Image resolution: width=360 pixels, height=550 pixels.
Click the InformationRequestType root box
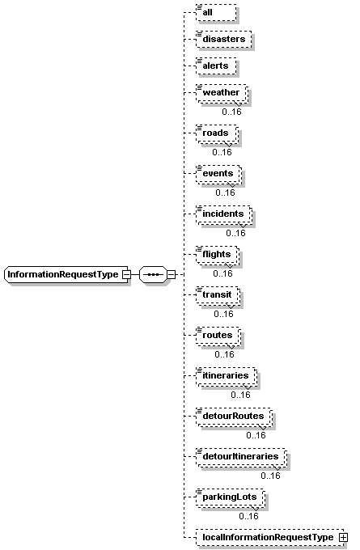pyautogui.click(x=66, y=274)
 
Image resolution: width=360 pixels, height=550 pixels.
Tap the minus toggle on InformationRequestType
pyautogui.click(x=126, y=274)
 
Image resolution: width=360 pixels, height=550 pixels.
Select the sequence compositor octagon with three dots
pyautogui.click(x=153, y=274)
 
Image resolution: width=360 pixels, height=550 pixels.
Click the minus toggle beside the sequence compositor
pyautogui.click(x=171, y=274)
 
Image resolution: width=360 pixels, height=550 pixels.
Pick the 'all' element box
pyautogui.click(x=216, y=13)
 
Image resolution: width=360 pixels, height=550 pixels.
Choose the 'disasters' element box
pyautogui.click(x=224, y=40)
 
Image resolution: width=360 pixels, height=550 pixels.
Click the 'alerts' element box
pyautogui.click(x=216, y=66)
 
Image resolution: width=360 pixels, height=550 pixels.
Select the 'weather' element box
pyautogui.click(x=222, y=93)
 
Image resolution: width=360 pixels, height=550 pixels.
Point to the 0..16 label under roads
pyautogui.click(x=222, y=152)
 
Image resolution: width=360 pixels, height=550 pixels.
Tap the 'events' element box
pyautogui.click(x=219, y=174)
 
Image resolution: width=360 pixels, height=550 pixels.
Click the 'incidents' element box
pyautogui.click(x=224, y=214)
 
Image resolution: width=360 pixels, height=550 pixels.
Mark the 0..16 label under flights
pyautogui.click(x=222, y=273)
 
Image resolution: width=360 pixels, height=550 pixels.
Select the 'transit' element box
pyautogui.click(x=218, y=295)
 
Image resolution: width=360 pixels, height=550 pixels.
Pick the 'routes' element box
pyautogui.click(x=218, y=336)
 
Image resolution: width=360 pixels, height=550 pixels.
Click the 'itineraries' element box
pyautogui.click(x=227, y=376)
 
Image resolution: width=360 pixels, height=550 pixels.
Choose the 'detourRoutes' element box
pyautogui.click(x=235, y=417)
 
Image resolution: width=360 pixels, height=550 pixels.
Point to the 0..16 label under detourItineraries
pyautogui.click(x=270, y=476)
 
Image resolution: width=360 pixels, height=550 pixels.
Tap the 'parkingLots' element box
pyautogui.click(x=231, y=497)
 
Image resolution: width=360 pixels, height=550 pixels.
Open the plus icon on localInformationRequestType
pyautogui.click(x=343, y=537)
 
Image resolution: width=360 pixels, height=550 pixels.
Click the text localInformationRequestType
pyautogui.click(x=268, y=537)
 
